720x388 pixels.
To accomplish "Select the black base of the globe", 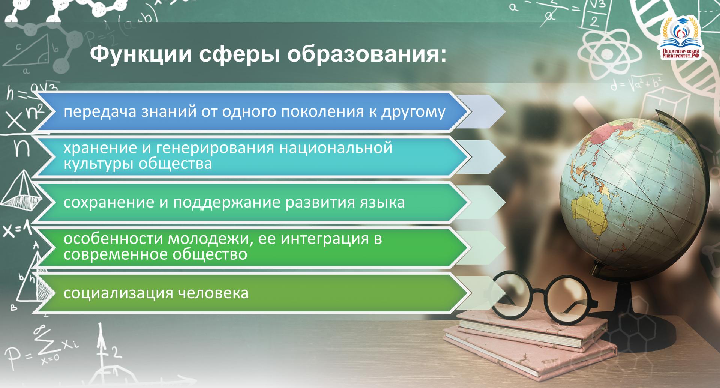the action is tap(630, 319).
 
